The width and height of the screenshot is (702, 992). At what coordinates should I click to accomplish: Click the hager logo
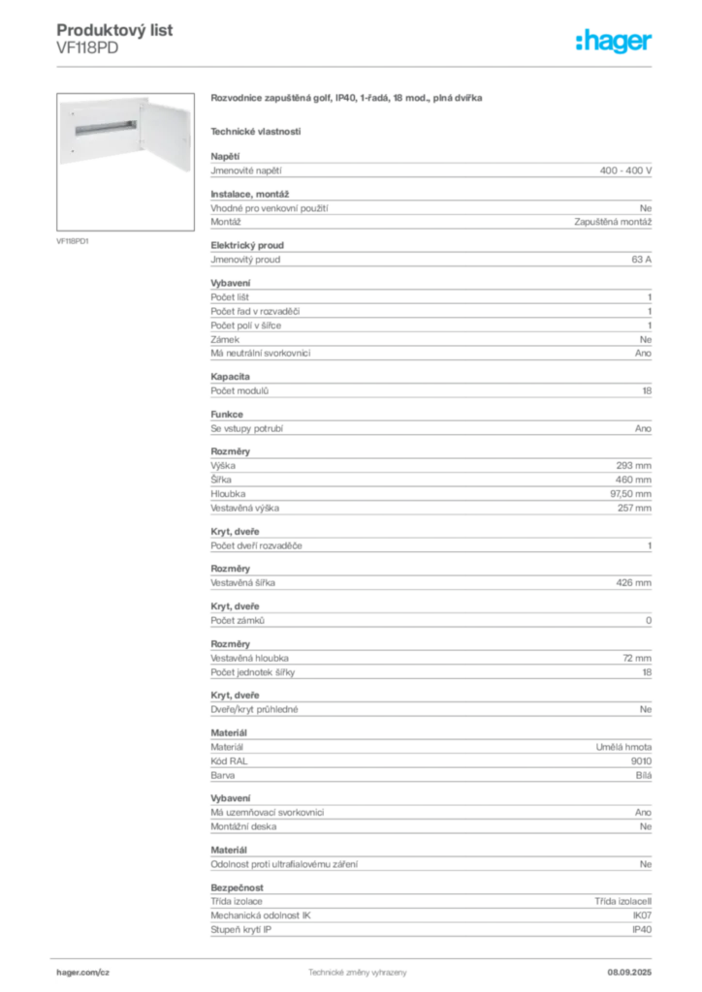[613, 42]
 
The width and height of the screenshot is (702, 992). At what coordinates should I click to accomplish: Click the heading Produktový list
[114, 30]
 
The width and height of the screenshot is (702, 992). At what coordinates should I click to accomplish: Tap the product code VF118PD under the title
[87, 48]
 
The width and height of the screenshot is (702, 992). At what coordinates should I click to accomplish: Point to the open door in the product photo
[167, 134]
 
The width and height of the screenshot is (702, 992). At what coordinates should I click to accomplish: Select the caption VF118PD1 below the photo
[72, 241]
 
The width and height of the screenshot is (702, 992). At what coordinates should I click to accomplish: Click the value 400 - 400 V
[625, 170]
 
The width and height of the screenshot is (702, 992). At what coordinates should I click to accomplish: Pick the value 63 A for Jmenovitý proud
[641, 260]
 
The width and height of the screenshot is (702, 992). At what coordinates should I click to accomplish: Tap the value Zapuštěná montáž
[613, 222]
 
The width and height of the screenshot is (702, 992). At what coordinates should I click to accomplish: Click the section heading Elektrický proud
[247, 245]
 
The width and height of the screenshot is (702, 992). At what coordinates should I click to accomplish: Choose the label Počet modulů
[239, 391]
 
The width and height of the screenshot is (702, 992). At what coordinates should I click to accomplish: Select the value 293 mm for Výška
[633, 466]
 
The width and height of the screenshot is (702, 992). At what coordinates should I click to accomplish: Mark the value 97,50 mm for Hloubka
[630, 494]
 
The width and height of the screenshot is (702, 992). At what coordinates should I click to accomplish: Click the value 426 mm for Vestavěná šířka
[633, 582]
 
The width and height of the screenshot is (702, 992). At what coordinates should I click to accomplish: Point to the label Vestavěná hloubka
[249, 658]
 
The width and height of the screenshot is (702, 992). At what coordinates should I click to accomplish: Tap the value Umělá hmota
[623, 747]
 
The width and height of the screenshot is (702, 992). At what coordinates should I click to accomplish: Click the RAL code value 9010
[641, 761]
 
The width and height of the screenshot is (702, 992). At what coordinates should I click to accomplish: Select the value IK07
[642, 915]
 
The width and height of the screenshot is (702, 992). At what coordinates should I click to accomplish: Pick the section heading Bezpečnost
[237, 887]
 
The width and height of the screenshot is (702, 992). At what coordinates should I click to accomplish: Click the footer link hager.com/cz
[83, 973]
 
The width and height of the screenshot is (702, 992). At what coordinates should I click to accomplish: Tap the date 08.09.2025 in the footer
[629, 973]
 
